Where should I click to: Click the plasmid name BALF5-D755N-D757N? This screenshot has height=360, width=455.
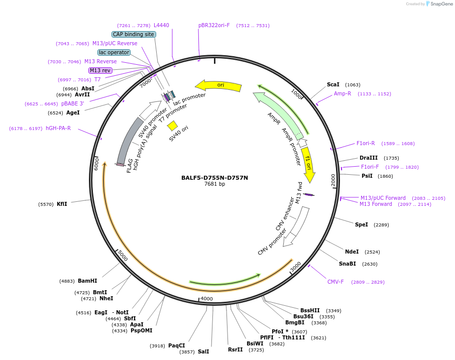(x=214, y=178)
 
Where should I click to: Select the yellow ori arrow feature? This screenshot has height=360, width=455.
(x=218, y=85)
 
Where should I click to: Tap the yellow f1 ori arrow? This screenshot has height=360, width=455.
(x=308, y=164)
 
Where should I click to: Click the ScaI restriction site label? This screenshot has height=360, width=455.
(x=333, y=85)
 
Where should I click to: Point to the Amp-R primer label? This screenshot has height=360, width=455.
(x=343, y=94)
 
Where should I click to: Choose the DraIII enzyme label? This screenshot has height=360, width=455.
(x=368, y=158)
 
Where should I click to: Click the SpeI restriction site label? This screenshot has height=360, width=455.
(x=362, y=224)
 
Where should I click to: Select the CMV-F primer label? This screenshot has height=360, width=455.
(x=335, y=282)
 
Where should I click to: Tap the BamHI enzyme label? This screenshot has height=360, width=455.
(x=87, y=281)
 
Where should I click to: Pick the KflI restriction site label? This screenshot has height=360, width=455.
(x=62, y=204)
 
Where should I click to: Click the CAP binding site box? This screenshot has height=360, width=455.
(x=134, y=35)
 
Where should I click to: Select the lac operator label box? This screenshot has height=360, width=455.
(x=114, y=52)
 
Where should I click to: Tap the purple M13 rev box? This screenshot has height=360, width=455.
(x=100, y=70)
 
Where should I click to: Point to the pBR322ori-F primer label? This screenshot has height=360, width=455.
(x=214, y=25)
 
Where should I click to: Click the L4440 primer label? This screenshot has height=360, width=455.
(x=161, y=25)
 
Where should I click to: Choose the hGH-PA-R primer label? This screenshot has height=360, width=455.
(x=58, y=129)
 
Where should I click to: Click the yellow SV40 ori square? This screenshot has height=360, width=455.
(x=172, y=126)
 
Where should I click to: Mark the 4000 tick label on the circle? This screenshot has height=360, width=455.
(x=207, y=299)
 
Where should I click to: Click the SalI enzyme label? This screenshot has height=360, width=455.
(x=203, y=351)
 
